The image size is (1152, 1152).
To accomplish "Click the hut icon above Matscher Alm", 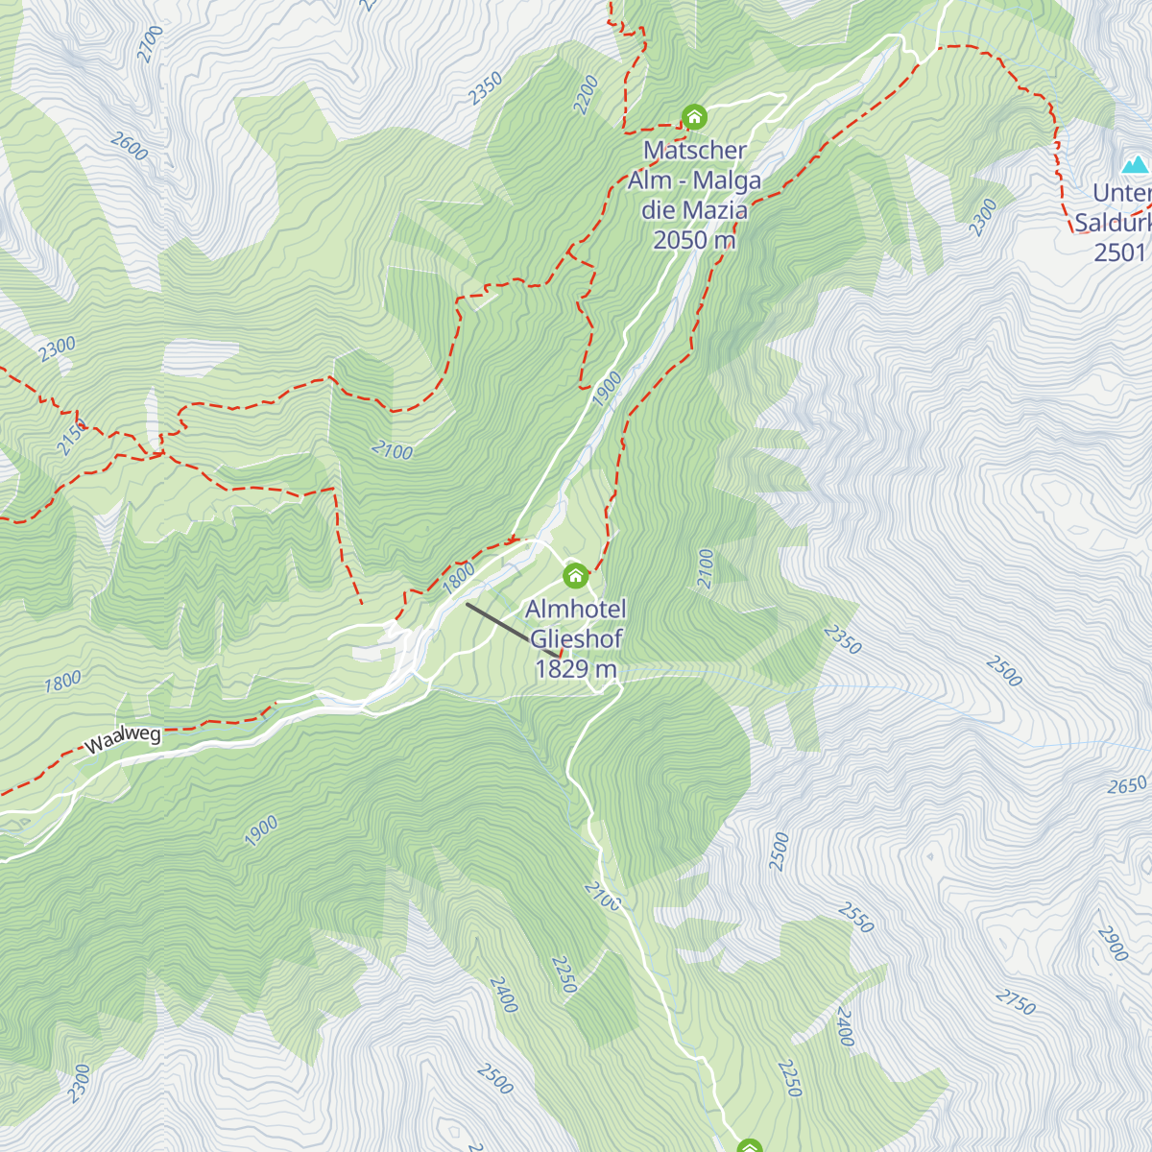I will (694, 117).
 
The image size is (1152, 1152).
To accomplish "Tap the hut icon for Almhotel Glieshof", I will (575, 576).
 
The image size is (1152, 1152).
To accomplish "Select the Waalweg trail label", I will (123, 740).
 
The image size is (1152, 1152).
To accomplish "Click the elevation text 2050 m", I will (693, 240).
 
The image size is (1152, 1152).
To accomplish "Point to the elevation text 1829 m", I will (575, 669).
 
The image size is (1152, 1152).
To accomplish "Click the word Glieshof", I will (576, 639).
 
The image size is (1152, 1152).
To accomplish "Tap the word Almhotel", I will (576, 610).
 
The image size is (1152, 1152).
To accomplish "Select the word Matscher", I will (695, 151).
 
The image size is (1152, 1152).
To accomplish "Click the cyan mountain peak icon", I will (1136, 164).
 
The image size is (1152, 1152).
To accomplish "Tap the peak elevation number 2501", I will (1120, 252).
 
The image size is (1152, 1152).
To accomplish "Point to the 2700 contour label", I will (151, 43).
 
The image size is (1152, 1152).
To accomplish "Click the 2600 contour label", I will (129, 147).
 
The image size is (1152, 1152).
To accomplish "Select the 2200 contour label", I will (586, 95).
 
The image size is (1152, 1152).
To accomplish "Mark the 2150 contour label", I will (71, 438).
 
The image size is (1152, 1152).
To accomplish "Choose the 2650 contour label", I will (1127, 785).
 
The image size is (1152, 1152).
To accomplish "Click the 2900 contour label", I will (1113, 944).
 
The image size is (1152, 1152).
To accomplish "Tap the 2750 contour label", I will (1015, 1001).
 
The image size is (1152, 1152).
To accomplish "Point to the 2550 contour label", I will (855, 918).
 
